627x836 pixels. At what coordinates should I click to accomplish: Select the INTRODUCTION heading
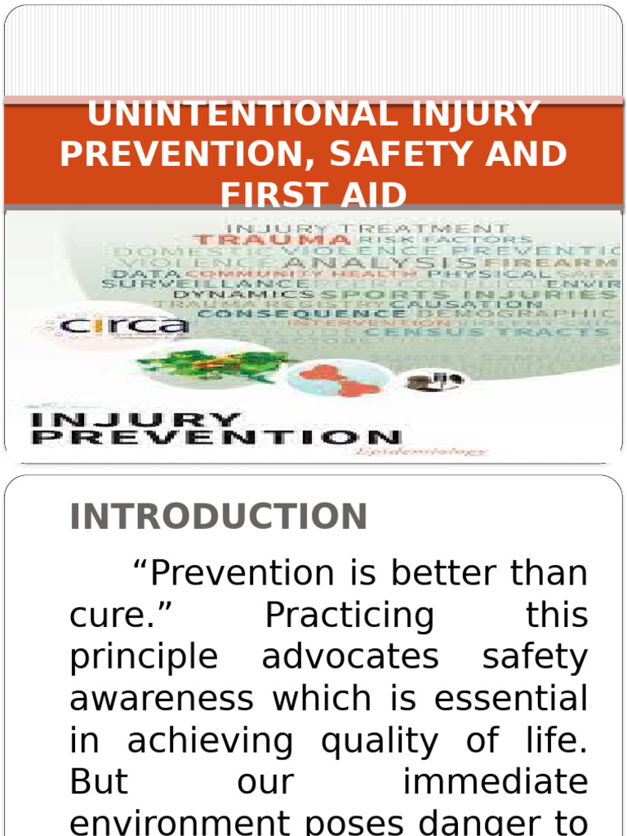coord(219,517)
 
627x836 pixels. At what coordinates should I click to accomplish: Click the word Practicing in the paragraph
coord(350,616)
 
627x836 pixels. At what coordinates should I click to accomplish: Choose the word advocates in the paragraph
coord(350,657)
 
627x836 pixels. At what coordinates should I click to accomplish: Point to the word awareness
coord(162,699)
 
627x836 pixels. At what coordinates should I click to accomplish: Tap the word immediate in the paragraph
coord(496,782)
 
